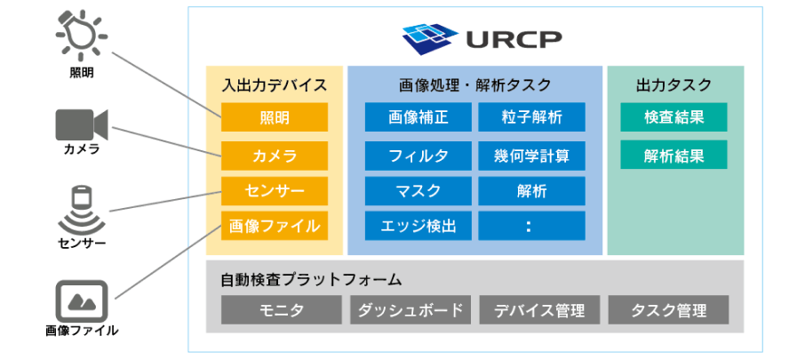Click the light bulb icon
tap(82, 34)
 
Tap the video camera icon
tap(81, 124)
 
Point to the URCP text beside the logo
tap(510, 39)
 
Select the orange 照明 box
tap(274, 117)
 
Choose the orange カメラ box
tap(274, 156)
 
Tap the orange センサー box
tap(274, 190)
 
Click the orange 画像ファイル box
tap(274, 225)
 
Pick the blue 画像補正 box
tap(418, 117)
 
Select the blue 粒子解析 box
tap(531, 117)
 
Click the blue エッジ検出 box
tap(418, 226)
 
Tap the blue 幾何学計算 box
tap(531, 156)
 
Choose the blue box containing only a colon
tap(531, 226)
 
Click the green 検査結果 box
tap(673, 117)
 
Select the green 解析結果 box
tap(673, 156)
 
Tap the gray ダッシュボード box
tap(410, 310)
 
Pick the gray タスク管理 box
tap(668, 310)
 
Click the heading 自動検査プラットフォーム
tap(311, 279)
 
